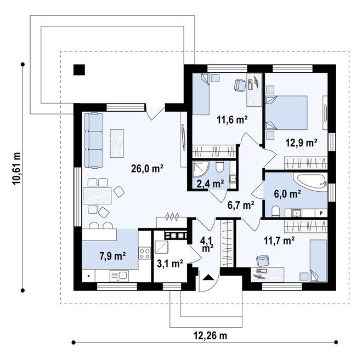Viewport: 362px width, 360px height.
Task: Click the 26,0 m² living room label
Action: point(148,169)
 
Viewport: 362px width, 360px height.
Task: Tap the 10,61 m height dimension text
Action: point(16,169)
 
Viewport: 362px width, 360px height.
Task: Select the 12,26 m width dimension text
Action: point(210,336)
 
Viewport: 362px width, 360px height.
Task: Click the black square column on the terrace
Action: point(79,70)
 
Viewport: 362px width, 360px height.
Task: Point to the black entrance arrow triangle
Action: point(209,277)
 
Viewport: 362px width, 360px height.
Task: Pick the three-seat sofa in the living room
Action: point(93,140)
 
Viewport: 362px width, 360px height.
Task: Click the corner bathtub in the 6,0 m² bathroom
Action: point(310,182)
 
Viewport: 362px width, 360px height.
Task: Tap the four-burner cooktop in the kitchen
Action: point(145,253)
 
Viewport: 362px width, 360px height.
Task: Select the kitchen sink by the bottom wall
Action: point(119,276)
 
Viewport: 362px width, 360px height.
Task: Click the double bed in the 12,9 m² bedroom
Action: point(286,112)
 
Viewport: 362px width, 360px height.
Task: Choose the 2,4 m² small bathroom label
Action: point(210,184)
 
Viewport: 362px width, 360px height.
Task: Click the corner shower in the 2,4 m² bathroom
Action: point(201,169)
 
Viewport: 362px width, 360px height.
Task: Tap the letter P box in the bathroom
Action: point(321,213)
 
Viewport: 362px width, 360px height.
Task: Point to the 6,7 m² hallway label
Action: point(241,205)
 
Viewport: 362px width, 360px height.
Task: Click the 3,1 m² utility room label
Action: point(170,264)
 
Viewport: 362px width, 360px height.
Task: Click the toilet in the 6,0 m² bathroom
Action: point(275,212)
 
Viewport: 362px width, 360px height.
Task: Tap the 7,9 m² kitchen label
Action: point(112,256)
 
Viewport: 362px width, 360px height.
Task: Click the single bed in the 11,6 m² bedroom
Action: point(201,94)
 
